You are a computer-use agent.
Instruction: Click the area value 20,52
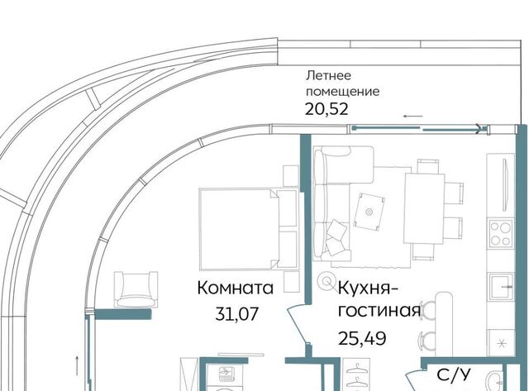click(x=326, y=109)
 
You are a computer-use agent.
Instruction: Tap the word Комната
click(x=235, y=288)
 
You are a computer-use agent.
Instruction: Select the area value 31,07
click(x=237, y=314)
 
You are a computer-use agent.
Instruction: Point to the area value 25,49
click(x=362, y=338)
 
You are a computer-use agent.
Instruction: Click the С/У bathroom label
click(x=454, y=375)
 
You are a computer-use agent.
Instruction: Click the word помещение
click(x=342, y=92)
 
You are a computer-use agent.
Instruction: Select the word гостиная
click(x=379, y=312)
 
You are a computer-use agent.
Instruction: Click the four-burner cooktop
click(x=501, y=233)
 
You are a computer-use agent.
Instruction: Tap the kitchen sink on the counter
click(x=501, y=286)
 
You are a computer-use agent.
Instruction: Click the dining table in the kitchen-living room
click(x=424, y=208)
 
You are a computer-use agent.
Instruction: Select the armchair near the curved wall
click(x=136, y=289)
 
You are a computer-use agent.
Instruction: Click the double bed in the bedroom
click(x=248, y=230)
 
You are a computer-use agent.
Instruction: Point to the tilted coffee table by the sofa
click(x=369, y=212)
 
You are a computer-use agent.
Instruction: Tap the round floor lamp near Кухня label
click(x=326, y=280)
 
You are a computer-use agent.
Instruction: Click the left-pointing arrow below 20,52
click(x=413, y=117)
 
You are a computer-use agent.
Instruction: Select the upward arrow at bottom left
click(x=77, y=365)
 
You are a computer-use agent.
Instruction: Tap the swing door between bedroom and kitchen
click(x=297, y=324)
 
